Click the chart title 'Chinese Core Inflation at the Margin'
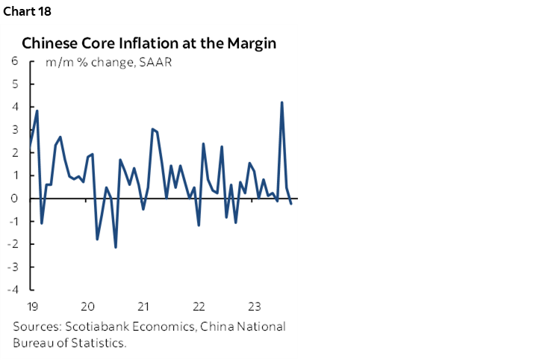coord(149,43)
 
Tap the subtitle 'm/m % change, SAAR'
coord(109,62)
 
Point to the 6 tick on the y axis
coord(15,61)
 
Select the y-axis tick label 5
coord(15,84)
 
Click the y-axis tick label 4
coord(15,107)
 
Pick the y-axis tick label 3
coord(15,130)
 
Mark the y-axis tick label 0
coord(15,199)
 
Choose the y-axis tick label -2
coord(13,244)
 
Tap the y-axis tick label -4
coord(13,291)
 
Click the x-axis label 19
coord(31,306)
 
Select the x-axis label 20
coord(87,306)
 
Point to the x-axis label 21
coord(143,306)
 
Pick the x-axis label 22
coord(199,306)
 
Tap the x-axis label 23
coord(255,306)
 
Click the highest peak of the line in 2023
coord(281,102)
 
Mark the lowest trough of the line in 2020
coord(116,247)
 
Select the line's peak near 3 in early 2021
coord(152,129)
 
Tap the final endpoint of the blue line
coord(290,204)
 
